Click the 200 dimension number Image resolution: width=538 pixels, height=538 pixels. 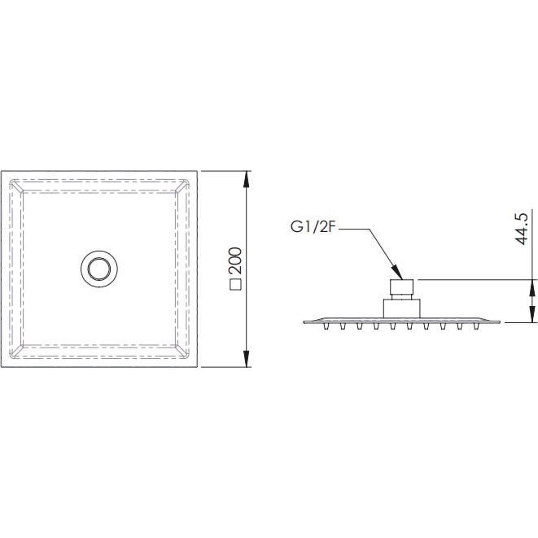click(x=236, y=260)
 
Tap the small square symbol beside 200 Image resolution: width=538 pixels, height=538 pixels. click(x=236, y=285)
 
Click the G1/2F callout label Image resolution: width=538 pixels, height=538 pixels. click(x=313, y=227)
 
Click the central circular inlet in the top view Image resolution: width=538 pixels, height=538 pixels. click(x=99, y=269)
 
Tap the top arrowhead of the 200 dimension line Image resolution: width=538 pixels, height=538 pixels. click(x=246, y=179)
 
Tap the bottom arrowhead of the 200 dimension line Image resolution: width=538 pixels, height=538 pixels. click(x=246, y=358)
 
